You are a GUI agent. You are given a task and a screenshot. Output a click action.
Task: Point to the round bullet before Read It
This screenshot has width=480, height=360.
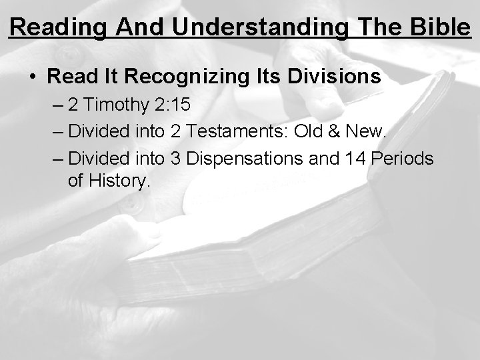tap(33, 77)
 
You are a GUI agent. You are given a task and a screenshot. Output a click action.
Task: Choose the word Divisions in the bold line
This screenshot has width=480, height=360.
tap(337, 77)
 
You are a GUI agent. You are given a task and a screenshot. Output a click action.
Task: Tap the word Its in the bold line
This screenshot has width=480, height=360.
tap(273, 77)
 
